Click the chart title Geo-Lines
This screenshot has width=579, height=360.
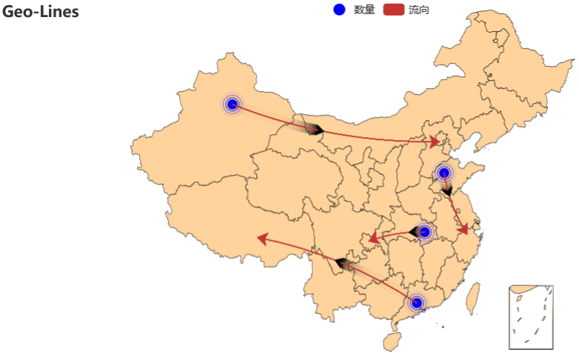point(41,12)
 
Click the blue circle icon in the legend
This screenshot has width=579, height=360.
point(339,10)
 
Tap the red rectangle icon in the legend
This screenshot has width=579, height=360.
point(393,10)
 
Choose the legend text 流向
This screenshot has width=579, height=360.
point(419,10)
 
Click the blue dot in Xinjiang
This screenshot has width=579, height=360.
point(232,104)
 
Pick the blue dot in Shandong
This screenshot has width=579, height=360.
point(444,173)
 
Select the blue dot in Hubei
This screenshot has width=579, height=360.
point(425,232)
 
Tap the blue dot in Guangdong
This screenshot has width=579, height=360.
point(417,302)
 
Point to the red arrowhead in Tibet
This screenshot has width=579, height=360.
point(261,238)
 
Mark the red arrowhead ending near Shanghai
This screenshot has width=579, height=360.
point(464,230)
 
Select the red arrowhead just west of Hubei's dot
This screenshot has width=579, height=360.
point(374,239)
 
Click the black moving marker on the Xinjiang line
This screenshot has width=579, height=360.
point(315,130)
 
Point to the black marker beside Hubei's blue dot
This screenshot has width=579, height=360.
point(413,233)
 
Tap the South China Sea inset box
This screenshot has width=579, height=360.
point(531,316)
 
